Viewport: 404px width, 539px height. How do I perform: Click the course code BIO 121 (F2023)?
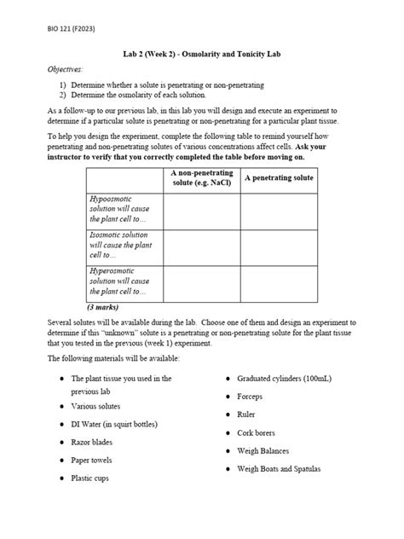[71, 30]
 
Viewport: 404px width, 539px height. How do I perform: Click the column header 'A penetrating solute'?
[279, 177]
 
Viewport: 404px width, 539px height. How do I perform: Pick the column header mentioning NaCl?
[201, 177]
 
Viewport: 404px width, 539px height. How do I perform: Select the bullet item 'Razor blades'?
[91, 442]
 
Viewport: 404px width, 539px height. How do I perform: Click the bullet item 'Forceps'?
[251, 396]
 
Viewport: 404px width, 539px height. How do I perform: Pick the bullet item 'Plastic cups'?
[89, 478]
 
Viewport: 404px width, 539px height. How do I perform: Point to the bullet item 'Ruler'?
[247, 414]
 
